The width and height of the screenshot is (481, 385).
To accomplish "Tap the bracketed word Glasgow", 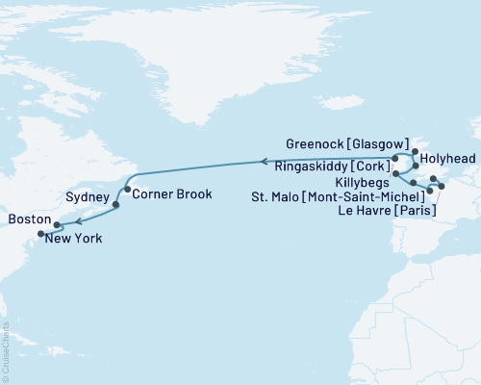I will pyautogui.click(x=376, y=143).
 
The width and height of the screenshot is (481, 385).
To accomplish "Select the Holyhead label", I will pyautogui.click(x=449, y=164).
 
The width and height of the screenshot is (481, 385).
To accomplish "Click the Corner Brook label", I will pyautogui.click(x=165, y=192).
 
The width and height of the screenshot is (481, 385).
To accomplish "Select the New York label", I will pyautogui.click(x=76, y=237).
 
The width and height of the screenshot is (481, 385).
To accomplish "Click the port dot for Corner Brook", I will pyautogui.click(x=126, y=191).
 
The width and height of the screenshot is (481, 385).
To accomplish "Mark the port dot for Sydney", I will pyautogui.click(x=116, y=205).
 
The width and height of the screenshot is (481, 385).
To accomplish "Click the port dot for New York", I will pyautogui.click(x=40, y=233).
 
